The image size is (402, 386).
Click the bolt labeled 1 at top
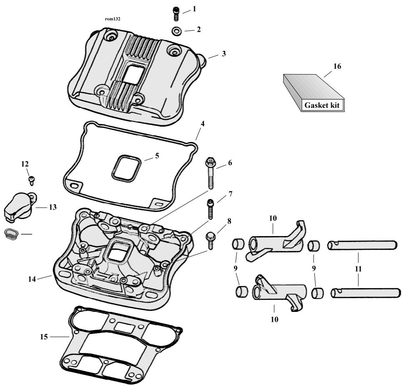(175, 14)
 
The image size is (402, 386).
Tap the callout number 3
(224, 54)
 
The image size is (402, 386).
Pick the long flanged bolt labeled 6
(210, 173)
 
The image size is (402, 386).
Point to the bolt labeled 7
(210, 209)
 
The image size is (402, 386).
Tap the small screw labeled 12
(32, 180)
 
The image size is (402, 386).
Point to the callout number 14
(32, 279)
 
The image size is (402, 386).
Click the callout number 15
(44, 336)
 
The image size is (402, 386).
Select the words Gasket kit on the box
(322, 105)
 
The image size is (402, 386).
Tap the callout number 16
(337, 66)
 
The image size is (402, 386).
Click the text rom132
(112, 19)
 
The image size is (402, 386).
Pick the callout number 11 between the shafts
(358, 269)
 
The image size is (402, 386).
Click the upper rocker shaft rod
(362, 245)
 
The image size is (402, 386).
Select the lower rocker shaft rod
(366, 293)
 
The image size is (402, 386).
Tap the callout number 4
(202, 124)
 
